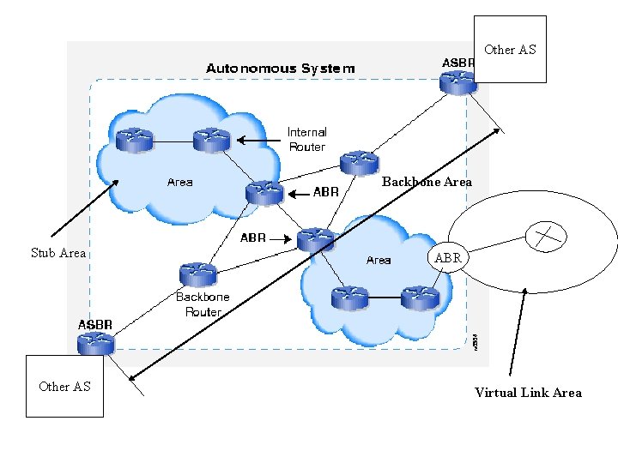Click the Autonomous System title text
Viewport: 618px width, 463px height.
tap(279, 68)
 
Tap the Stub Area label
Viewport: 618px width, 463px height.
tap(58, 252)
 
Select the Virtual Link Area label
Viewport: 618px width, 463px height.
tap(528, 393)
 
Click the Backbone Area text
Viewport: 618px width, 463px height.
tap(427, 182)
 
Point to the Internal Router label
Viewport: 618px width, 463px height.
tap(306, 140)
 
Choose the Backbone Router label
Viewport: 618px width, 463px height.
tap(203, 304)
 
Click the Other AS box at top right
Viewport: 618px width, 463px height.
tap(510, 49)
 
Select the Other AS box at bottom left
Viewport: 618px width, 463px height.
tap(64, 386)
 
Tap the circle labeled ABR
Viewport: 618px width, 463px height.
tap(447, 257)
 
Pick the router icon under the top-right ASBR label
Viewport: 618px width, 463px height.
tap(457, 82)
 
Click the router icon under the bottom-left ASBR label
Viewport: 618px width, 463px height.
tap(95, 344)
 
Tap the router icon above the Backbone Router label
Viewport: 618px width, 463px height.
tap(197, 274)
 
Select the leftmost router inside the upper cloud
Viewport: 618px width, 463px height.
tap(134, 140)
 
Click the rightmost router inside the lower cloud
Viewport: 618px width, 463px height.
tap(420, 298)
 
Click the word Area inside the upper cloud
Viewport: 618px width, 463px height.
tap(179, 182)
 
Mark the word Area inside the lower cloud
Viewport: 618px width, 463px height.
tap(379, 260)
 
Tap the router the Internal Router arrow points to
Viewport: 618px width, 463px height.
tap(210, 139)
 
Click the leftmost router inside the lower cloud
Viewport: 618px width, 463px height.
tap(348, 298)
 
